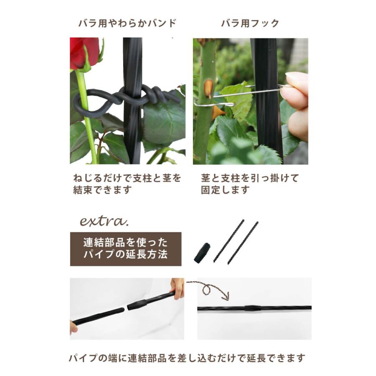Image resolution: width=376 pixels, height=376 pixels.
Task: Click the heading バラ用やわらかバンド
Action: point(127,23)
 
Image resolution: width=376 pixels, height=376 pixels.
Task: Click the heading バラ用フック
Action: point(250,23)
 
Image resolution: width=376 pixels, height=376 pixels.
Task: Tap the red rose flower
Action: point(84,52)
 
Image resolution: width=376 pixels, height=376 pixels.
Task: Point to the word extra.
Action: point(101,220)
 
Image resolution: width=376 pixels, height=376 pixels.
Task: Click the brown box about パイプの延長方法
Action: point(125,249)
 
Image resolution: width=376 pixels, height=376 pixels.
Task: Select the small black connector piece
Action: point(202,253)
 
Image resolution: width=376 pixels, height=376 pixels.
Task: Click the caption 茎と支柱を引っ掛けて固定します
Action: point(250,184)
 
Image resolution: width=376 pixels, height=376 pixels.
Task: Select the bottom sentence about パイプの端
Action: point(187,358)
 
